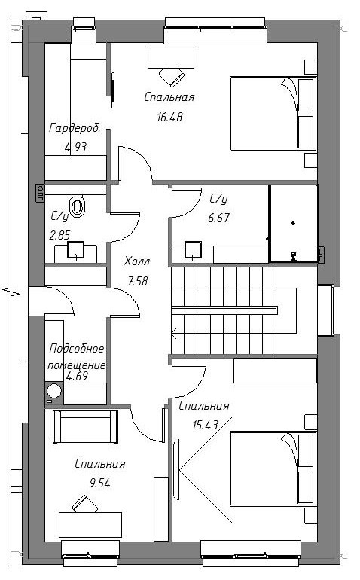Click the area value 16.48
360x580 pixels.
tap(169, 117)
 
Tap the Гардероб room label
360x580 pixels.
tap(75, 128)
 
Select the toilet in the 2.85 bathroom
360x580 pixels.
tap(78, 206)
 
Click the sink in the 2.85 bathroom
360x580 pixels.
tap(76, 249)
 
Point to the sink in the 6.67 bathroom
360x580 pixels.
tap(193, 249)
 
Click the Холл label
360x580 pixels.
tap(137, 261)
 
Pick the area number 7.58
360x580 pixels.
tap(138, 281)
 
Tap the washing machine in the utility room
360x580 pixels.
tap(54, 393)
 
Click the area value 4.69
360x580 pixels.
tap(77, 376)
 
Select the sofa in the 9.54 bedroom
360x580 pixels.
tap(85, 426)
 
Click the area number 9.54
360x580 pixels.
tap(100, 483)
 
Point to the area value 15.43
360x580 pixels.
tap(205, 425)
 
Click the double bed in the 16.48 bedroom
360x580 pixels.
tap(273, 113)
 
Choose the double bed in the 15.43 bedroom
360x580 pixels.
tap(273, 469)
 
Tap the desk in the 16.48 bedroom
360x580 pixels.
tap(171, 57)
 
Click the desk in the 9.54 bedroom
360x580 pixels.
tap(90, 525)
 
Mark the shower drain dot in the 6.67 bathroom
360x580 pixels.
tap(294, 223)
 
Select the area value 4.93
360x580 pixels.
tap(75, 147)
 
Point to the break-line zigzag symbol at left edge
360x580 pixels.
tap(11, 291)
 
